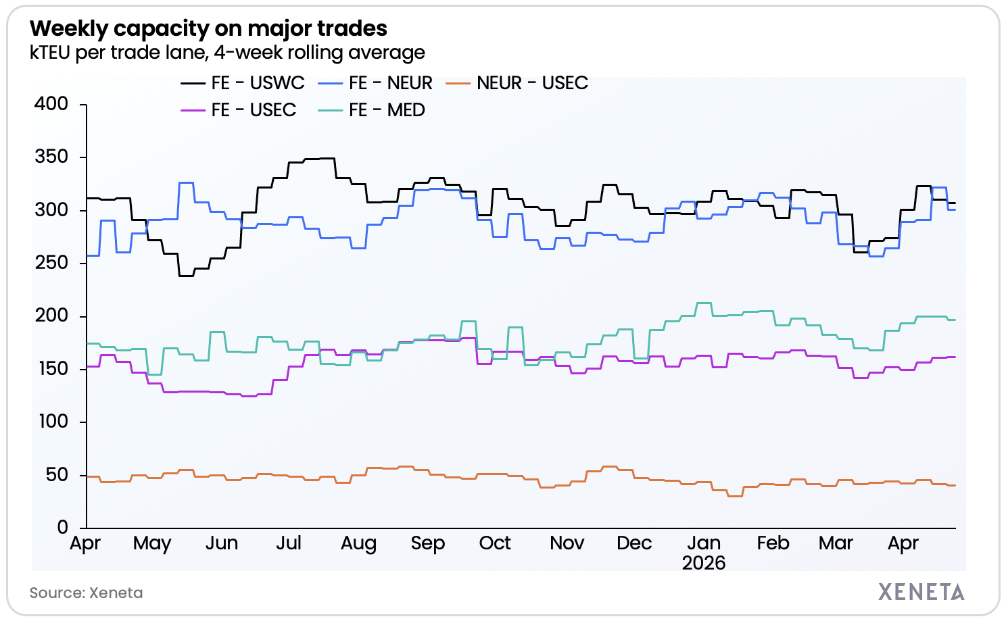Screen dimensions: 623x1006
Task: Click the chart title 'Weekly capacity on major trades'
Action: (208, 28)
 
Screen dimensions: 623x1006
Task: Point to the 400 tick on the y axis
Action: (51, 104)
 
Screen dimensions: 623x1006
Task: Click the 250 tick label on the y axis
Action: (51, 263)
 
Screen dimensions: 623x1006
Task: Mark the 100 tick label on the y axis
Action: (51, 422)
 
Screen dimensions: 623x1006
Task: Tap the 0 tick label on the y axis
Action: (62, 528)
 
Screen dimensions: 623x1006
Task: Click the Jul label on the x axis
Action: (289, 543)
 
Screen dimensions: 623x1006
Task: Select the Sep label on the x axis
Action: (427, 543)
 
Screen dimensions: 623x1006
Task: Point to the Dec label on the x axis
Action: (633, 543)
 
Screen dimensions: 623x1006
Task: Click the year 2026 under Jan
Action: (704, 563)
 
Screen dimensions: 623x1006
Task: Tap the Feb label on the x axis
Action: (773, 543)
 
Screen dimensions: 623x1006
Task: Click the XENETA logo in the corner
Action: (921, 592)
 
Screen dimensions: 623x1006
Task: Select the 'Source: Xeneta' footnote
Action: (86, 593)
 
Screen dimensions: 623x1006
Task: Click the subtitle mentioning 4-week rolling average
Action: (227, 53)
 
